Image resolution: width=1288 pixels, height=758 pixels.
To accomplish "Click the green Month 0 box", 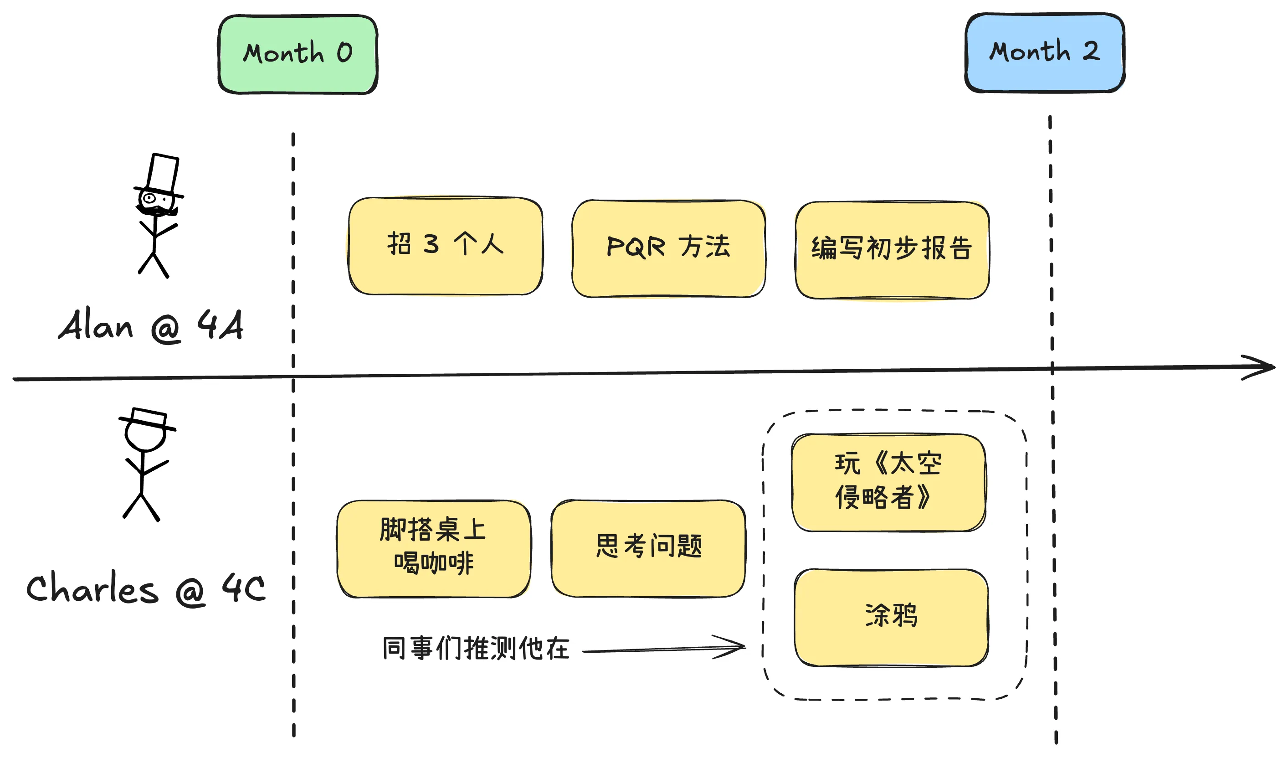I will pyautogui.click(x=298, y=54).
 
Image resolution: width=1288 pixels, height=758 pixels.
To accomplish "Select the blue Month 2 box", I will pyautogui.click(x=1045, y=53).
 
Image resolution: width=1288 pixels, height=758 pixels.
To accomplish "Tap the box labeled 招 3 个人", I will pyautogui.click(x=445, y=246).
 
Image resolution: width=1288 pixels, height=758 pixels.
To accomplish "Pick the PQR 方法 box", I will pyautogui.click(x=668, y=248).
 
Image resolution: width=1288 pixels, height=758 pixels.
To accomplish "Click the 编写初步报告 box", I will pyautogui.click(x=892, y=250).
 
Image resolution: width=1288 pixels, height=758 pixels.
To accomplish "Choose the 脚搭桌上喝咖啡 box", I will pyautogui.click(x=433, y=549).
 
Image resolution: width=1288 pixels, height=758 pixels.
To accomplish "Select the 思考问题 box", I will pyautogui.click(x=648, y=548).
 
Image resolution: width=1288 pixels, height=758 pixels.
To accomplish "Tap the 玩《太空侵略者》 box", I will pyautogui.click(x=888, y=483).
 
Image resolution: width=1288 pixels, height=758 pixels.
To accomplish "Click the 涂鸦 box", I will pyautogui.click(x=891, y=617).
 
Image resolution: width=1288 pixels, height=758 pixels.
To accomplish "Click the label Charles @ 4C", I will pyautogui.click(x=146, y=589).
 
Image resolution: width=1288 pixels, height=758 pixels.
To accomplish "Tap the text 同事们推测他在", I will pyautogui.click(x=476, y=649).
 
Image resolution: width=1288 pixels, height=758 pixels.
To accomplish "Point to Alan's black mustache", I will pyautogui.click(x=156, y=210).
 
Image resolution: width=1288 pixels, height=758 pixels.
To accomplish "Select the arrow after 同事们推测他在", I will pyautogui.click(x=664, y=649).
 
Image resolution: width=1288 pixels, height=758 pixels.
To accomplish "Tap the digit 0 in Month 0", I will pyautogui.click(x=344, y=53).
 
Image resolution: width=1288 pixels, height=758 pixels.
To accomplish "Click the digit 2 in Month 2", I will pyautogui.click(x=1091, y=51).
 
